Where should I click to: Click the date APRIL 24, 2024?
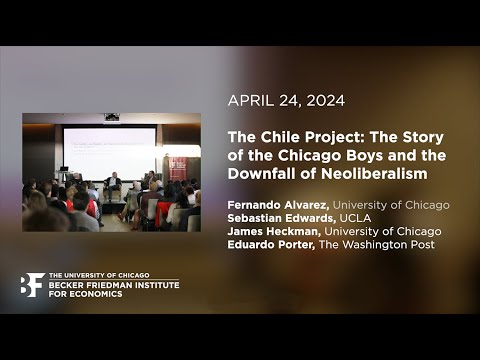point(286,100)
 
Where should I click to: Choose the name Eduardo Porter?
point(270,244)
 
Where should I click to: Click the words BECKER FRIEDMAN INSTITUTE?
point(113,285)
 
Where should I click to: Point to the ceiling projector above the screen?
point(111,118)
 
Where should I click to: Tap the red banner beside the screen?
point(178,167)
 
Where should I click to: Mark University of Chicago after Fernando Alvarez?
point(391,205)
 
